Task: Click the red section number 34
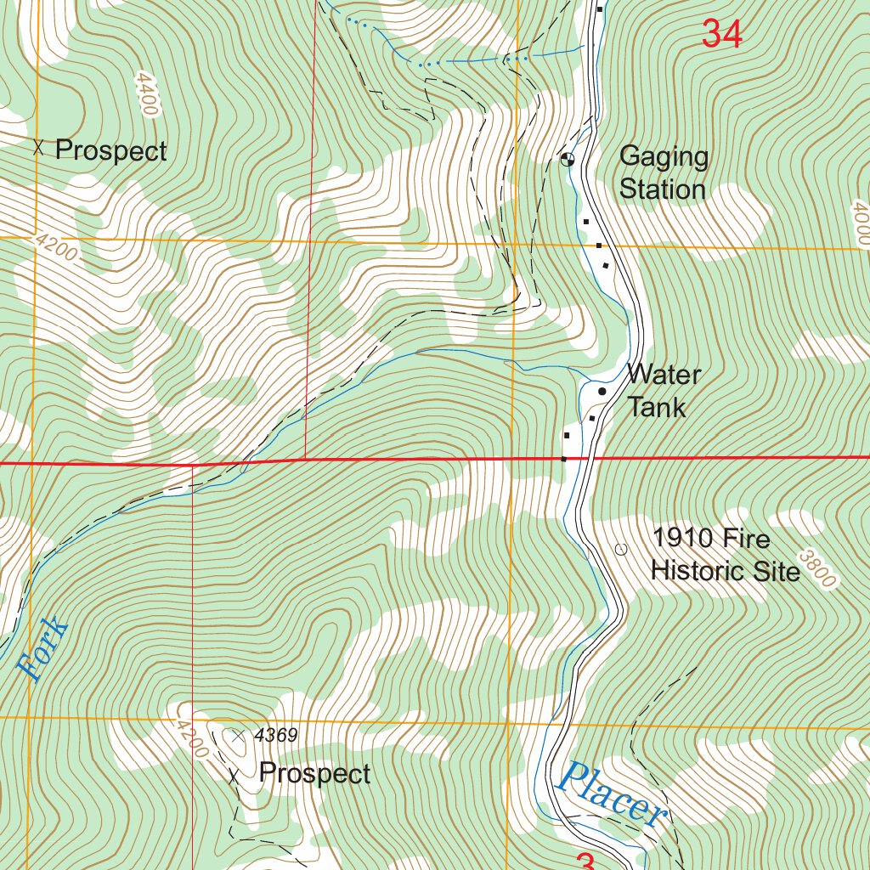(722, 34)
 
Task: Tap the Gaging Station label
(663, 172)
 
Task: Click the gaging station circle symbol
(568, 158)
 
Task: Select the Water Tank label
(663, 391)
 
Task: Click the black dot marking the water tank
(602, 392)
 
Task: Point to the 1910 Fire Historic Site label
(725, 554)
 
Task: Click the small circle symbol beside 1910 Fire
(620, 550)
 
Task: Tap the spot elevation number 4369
(275, 736)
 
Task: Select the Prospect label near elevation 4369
(314, 774)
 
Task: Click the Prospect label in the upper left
(110, 151)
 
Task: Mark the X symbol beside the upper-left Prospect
(37, 148)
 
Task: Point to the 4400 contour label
(145, 93)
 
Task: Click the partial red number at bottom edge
(585, 862)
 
